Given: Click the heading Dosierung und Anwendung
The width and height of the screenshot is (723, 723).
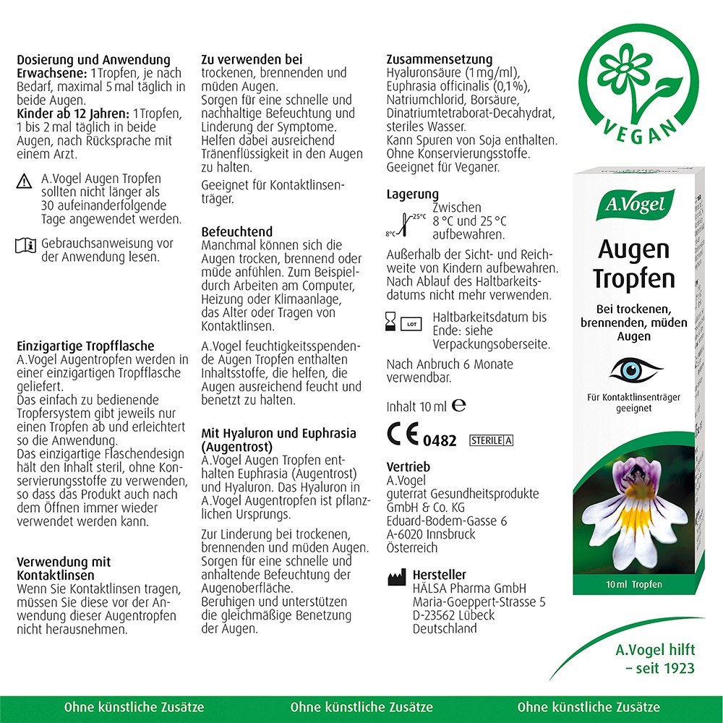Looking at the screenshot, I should click(x=93, y=60).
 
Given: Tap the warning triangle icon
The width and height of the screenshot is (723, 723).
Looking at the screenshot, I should click(x=25, y=181).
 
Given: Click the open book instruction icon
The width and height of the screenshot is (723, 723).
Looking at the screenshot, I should click(x=25, y=246).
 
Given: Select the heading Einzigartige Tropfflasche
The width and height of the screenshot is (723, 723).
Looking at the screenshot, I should click(x=85, y=346).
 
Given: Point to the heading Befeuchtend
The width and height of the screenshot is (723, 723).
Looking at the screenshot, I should click(x=237, y=232).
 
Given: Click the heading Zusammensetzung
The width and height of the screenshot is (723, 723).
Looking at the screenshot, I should click(x=440, y=59).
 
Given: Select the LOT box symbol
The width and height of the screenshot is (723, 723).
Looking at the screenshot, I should click(x=412, y=324).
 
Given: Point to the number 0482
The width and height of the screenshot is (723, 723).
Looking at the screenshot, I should click(x=440, y=440).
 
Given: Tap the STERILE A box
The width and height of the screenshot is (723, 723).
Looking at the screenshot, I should click(x=491, y=440).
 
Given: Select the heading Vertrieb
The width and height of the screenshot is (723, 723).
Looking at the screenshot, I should click(x=408, y=467).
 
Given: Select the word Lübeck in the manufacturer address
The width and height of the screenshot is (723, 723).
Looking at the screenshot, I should click(x=473, y=615).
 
